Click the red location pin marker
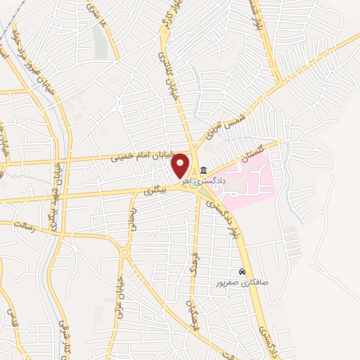[182, 165]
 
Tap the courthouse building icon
[203, 169]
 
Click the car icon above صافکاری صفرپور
[243, 271]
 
